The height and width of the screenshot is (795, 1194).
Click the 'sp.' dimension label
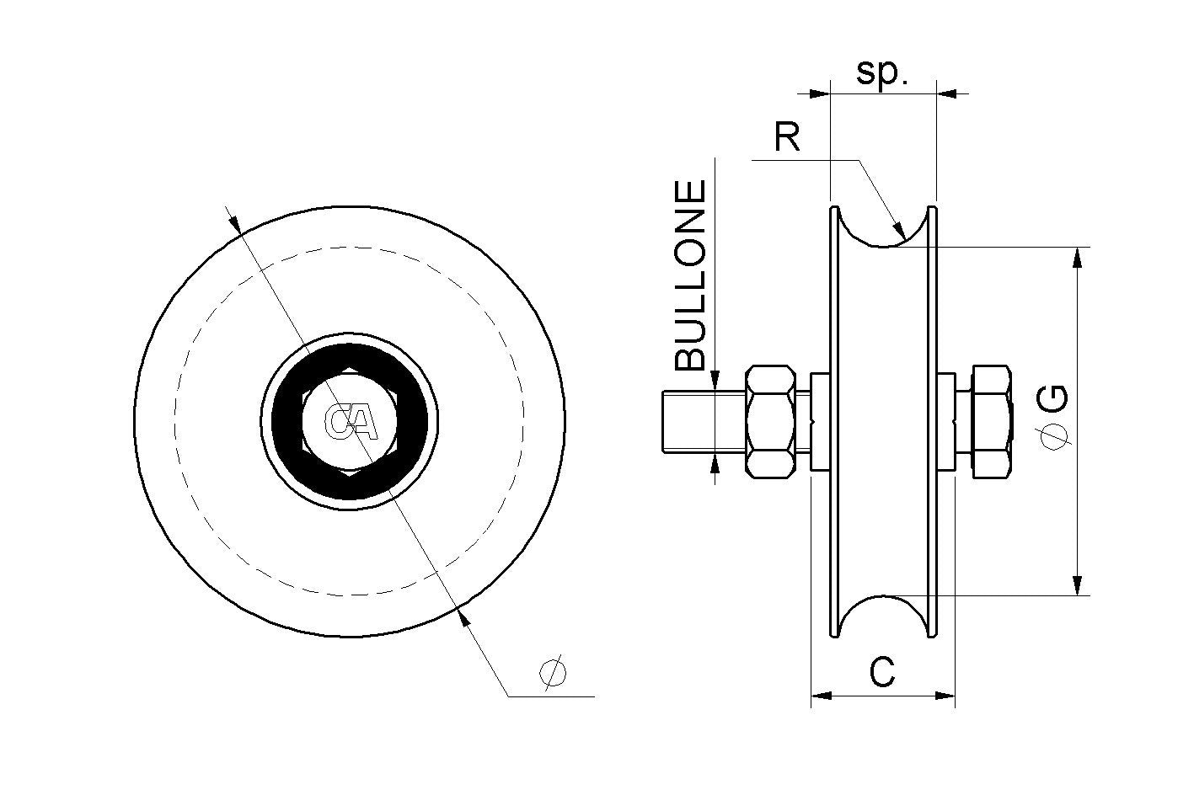coord(882,73)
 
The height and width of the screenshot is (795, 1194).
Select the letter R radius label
coord(787,137)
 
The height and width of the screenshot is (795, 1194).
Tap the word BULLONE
coord(692,275)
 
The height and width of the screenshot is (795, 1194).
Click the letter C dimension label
coord(881,673)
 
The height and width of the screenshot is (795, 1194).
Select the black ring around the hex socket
coord(286,420)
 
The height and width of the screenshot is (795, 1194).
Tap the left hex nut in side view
coord(770,421)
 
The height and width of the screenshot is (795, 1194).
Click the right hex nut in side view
coord(991,421)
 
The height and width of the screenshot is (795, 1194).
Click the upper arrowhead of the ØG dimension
coord(1077,257)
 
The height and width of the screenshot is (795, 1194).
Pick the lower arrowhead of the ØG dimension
coord(1077,585)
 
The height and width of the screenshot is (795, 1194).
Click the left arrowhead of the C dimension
coord(820,696)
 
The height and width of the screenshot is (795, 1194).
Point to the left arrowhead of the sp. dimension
coord(820,93)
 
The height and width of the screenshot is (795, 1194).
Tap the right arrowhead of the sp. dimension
coord(947,93)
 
